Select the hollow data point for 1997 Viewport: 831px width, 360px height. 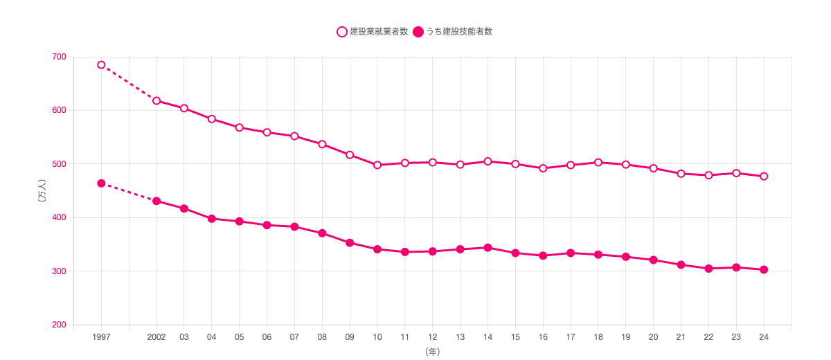[x=101, y=65]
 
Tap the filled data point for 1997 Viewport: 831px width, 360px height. [x=101, y=183]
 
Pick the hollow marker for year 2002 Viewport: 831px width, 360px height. [x=157, y=100]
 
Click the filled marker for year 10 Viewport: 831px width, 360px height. [x=377, y=249]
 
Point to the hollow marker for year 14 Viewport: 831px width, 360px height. [x=488, y=161]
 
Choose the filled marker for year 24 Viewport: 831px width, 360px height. [x=764, y=269]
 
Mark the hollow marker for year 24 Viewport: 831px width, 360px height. [x=764, y=177]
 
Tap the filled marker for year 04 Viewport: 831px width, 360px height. [x=212, y=219]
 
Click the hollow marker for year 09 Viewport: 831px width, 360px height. [x=350, y=155]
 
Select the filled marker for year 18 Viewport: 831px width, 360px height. [x=598, y=255]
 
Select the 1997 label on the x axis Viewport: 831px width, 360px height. [x=101, y=337]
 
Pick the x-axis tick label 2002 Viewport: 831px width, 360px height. [x=157, y=337]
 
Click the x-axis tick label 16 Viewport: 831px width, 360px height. [x=543, y=337]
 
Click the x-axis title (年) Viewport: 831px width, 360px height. [x=433, y=352]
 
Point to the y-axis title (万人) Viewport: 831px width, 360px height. [x=42, y=191]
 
